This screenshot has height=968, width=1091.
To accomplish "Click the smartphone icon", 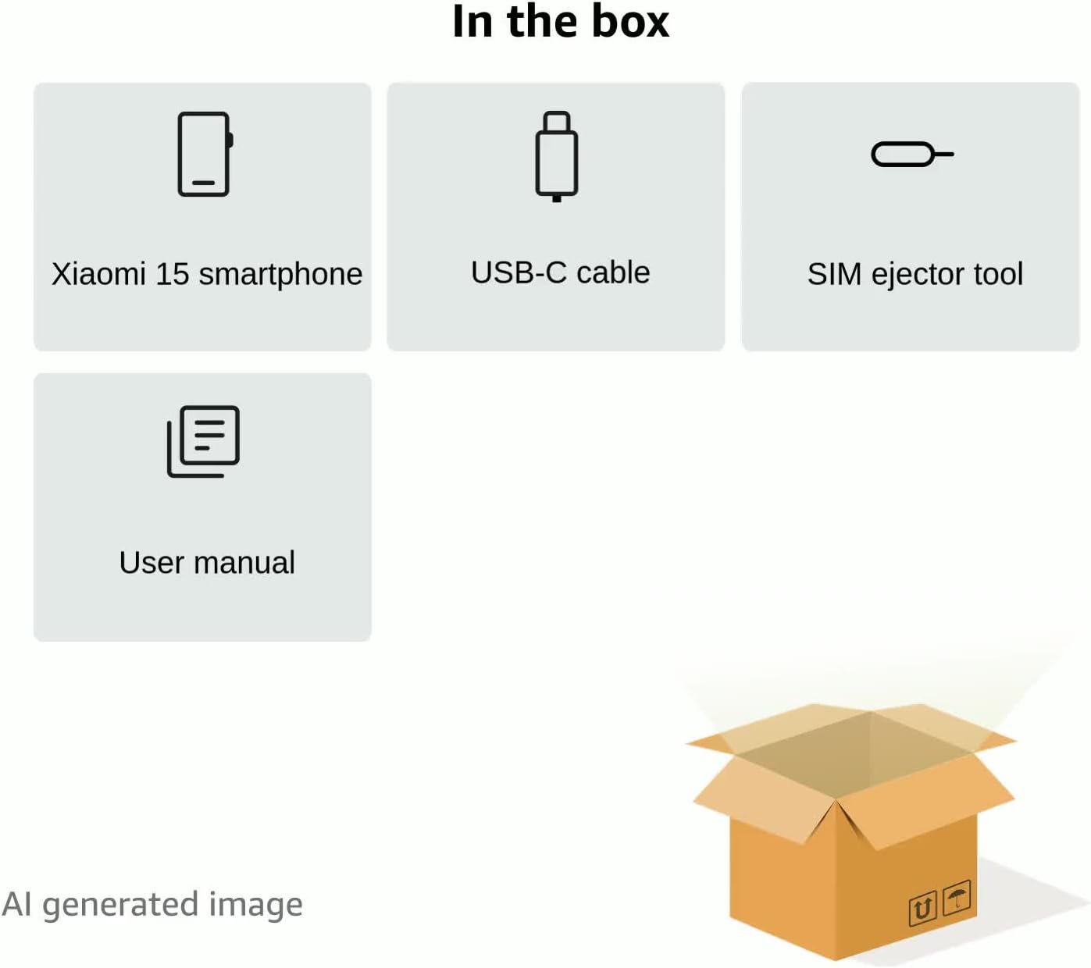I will pyautogui.click(x=205, y=154).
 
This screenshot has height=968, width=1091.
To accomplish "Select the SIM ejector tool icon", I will pyautogui.click(x=911, y=155).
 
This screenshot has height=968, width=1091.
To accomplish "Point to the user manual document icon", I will pyautogui.click(x=203, y=441).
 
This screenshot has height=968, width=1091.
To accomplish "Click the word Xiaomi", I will pyautogui.click(x=98, y=274).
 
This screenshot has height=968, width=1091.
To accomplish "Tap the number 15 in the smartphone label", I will pyautogui.click(x=172, y=274).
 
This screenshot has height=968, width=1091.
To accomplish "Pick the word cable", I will pyautogui.click(x=613, y=272).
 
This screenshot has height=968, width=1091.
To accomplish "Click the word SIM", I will pyautogui.click(x=834, y=274).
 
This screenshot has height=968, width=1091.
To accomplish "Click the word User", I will pyautogui.click(x=152, y=562).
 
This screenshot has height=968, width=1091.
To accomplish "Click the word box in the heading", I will pyautogui.click(x=629, y=21).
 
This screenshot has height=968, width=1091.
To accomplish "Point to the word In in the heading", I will pyautogui.click(x=472, y=21).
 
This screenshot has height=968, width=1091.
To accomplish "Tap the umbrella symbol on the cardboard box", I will pyautogui.click(x=957, y=898).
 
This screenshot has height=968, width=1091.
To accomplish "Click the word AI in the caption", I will pyautogui.click(x=16, y=904).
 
